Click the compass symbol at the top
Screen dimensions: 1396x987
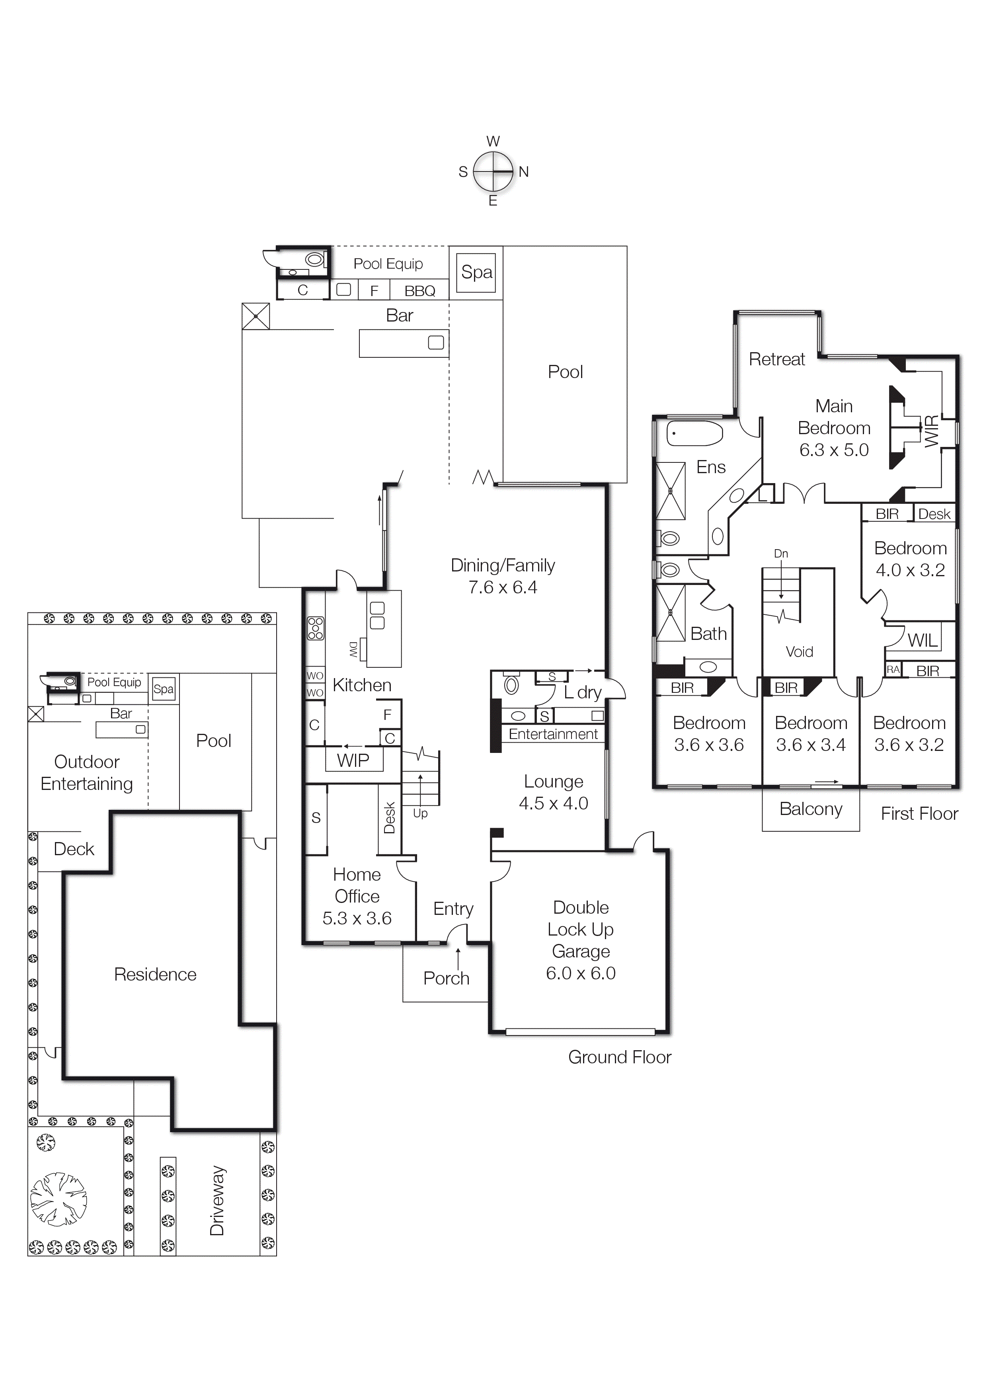pyautogui.click(x=493, y=172)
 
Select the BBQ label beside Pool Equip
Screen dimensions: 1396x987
pyautogui.click(x=419, y=291)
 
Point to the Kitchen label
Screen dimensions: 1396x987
pyautogui.click(x=362, y=685)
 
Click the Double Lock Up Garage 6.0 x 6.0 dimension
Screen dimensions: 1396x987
pyautogui.click(x=580, y=973)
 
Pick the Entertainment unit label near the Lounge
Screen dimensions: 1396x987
pyautogui.click(x=553, y=734)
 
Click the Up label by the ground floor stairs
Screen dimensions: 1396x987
pyautogui.click(x=420, y=813)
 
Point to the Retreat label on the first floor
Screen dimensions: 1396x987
pyautogui.click(x=776, y=359)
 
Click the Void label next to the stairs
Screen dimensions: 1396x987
pyautogui.click(x=799, y=652)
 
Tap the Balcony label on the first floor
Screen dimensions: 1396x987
pyautogui.click(x=811, y=809)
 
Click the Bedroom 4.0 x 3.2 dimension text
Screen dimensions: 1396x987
pyautogui.click(x=910, y=570)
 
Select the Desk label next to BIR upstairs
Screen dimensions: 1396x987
pyautogui.click(x=934, y=514)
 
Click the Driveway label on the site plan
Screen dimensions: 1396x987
pyautogui.click(x=217, y=1201)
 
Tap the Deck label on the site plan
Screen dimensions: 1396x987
pyautogui.click(x=74, y=849)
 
